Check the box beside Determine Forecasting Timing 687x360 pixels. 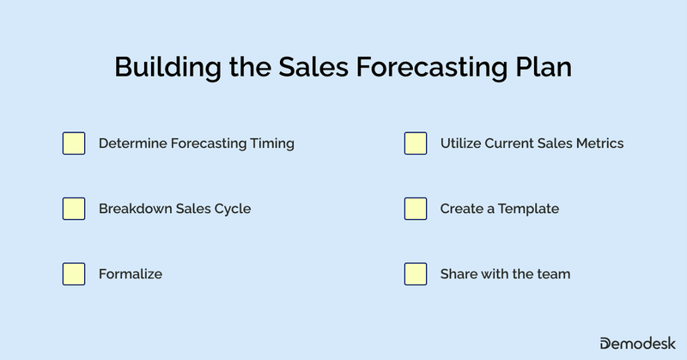click(74, 143)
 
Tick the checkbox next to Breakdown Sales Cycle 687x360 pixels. click(74, 209)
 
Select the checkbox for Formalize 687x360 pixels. click(74, 274)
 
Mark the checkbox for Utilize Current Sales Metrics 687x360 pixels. click(416, 143)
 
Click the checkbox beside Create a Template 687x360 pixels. click(416, 209)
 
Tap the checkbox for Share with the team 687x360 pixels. click(416, 274)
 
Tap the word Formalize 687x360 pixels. click(131, 274)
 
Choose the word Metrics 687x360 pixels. click(598, 143)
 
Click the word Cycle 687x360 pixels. click(232, 209)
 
